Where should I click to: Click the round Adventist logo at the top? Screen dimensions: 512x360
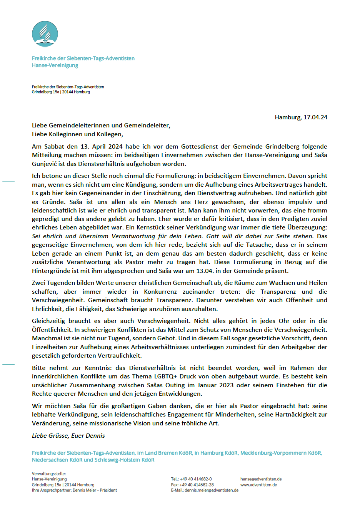(x=45, y=34)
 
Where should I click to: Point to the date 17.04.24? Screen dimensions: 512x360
(x=315, y=117)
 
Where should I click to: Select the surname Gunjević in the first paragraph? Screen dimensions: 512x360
(x=45, y=164)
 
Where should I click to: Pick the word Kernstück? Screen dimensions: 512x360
(x=149, y=228)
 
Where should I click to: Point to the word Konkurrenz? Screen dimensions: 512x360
(x=160, y=292)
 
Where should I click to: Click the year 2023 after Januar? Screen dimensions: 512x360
(x=226, y=385)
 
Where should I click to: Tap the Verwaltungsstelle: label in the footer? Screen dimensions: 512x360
(x=49, y=474)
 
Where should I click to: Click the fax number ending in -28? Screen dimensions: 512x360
(x=197, y=485)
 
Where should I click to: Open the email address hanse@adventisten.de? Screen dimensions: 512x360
(x=261, y=479)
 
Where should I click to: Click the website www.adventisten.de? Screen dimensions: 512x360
(x=258, y=485)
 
